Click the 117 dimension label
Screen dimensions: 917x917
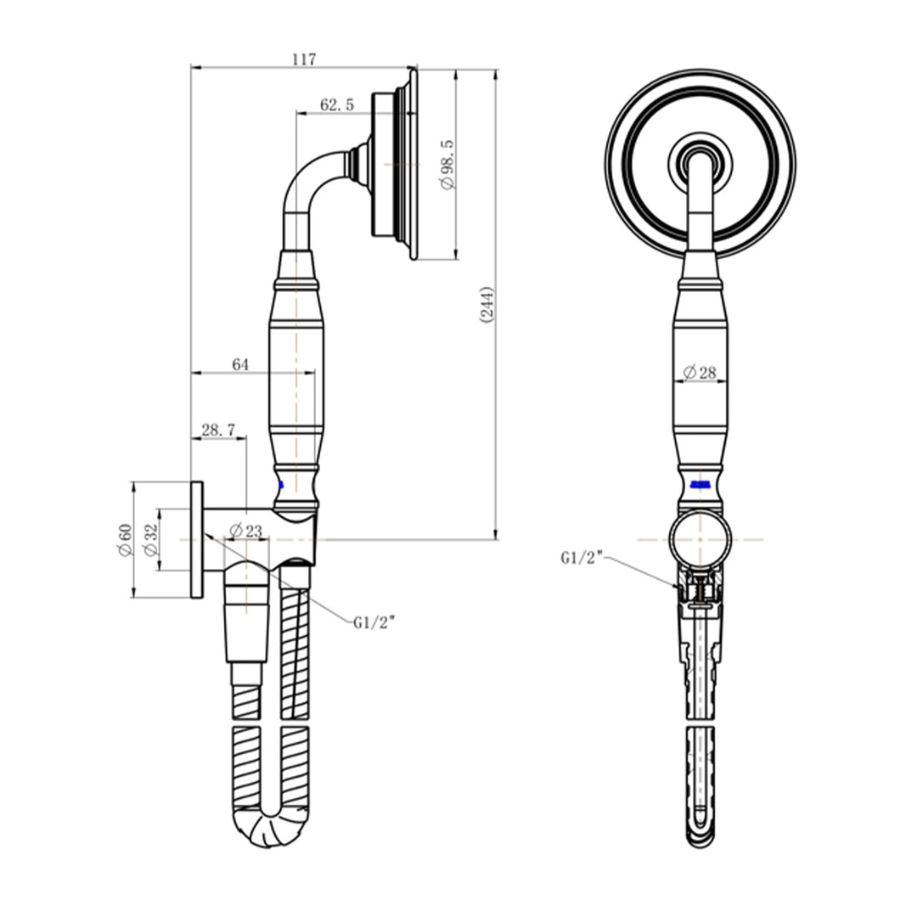[x=303, y=59]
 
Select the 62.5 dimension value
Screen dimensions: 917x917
[x=337, y=104]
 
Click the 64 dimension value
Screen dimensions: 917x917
[x=240, y=364]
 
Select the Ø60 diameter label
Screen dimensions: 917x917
[x=126, y=540]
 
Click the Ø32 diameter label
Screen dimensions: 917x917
[x=151, y=540]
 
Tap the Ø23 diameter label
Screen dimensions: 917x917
[x=245, y=531]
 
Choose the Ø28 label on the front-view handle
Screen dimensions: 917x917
[x=700, y=372]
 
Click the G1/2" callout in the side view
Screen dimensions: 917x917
[x=374, y=622]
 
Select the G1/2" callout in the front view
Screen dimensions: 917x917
[x=582, y=558]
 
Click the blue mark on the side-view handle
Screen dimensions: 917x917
[x=280, y=486]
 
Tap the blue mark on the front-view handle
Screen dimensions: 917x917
[x=700, y=484]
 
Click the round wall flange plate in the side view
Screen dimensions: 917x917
[x=197, y=540]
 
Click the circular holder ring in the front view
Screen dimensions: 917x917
[x=700, y=538]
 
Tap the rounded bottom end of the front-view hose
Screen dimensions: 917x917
[x=700, y=836]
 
